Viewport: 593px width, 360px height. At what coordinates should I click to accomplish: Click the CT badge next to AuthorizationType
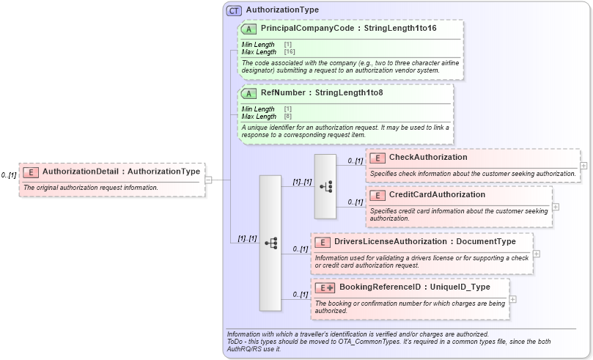(234, 10)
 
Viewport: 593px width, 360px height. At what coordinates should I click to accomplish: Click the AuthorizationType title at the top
(282, 10)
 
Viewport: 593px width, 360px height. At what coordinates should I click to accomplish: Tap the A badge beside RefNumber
(248, 93)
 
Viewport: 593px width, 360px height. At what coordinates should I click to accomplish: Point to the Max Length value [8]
(287, 117)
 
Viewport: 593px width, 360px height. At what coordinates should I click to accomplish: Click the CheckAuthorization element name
(428, 157)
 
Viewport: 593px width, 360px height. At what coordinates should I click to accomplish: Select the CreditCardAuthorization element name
(437, 194)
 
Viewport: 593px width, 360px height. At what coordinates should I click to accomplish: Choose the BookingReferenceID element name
(390, 287)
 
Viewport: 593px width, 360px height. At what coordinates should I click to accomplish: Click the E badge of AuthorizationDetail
(31, 172)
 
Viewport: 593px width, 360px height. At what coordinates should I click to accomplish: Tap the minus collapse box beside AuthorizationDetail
(209, 179)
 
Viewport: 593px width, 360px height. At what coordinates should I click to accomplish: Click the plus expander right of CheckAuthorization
(583, 165)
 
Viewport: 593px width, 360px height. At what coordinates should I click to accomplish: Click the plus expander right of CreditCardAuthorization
(556, 206)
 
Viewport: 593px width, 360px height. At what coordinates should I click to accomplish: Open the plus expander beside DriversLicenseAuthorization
(537, 253)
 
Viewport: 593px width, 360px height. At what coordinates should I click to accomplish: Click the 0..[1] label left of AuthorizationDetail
(8, 175)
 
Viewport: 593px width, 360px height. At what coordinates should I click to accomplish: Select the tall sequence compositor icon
(270, 241)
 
